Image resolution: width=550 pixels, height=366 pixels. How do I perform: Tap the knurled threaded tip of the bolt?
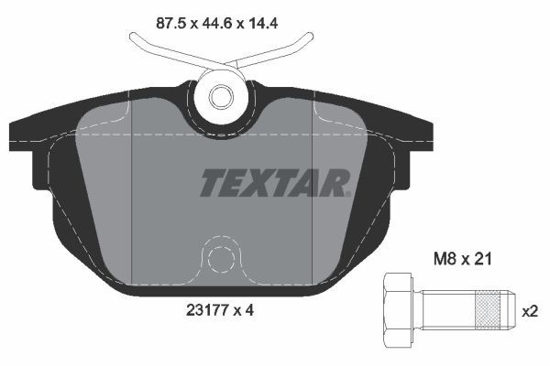pos(492,310)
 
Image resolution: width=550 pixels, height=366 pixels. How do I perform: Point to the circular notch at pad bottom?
pos(218,258)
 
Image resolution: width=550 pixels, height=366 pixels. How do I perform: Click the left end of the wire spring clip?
pos(135,39)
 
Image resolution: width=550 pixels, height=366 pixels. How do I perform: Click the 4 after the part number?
pos(248,310)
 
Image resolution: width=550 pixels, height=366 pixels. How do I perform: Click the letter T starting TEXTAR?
pos(212,181)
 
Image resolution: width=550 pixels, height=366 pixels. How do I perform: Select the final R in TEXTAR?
pos(335,181)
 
